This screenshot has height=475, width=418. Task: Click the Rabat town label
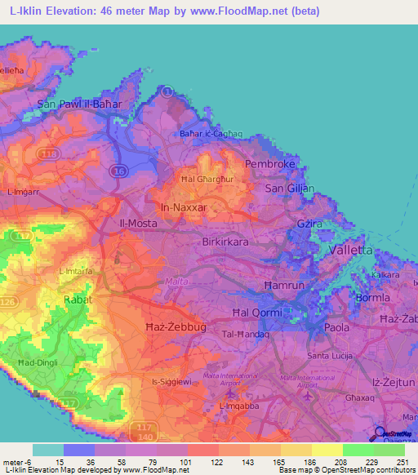tap(73, 300)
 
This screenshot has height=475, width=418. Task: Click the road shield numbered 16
tap(120, 171)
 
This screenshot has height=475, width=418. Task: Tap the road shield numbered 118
tap(49, 153)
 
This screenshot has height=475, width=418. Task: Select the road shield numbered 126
tap(7, 303)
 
